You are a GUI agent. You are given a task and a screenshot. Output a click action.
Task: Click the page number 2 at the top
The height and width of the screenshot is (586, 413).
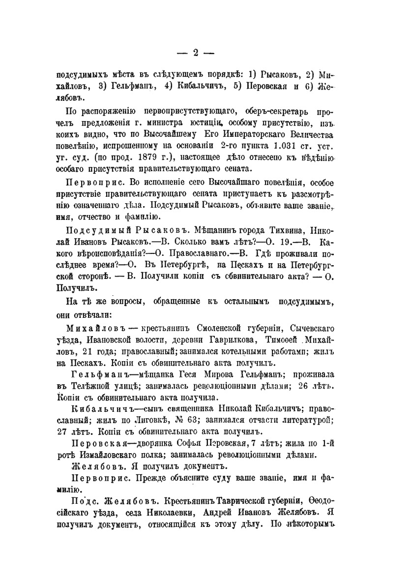(x=195, y=53)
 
